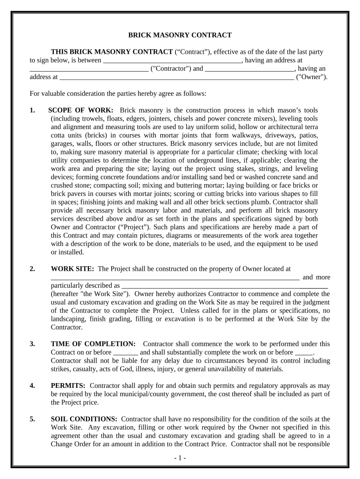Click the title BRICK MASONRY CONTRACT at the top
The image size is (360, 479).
(180, 35)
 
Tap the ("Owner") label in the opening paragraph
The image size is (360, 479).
(312, 77)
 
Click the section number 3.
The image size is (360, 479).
(32, 344)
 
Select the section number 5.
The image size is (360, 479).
(32, 419)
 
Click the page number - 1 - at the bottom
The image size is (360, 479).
(180, 458)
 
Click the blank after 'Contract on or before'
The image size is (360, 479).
(126, 353)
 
